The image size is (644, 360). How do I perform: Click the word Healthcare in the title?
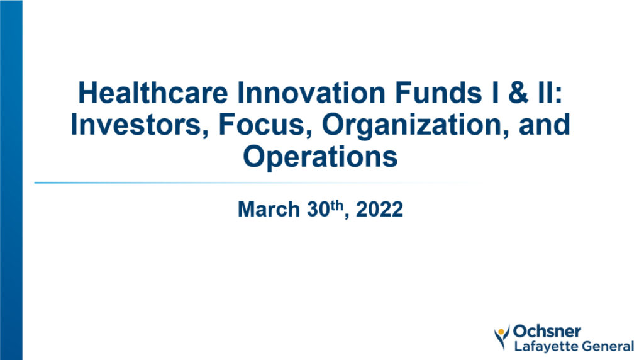tap(153, 93)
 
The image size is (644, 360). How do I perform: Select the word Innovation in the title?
tap(311, 93)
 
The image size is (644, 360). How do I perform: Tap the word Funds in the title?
tap(438, 93)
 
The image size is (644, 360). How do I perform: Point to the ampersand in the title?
tap(518, 93)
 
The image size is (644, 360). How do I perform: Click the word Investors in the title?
tap(140, 125)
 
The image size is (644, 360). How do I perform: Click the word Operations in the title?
tap(320, 157)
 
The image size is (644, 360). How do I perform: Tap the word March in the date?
tap(269, 209)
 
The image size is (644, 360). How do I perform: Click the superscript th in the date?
tap(337, 205)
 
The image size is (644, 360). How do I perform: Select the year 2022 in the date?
tap(379, 209)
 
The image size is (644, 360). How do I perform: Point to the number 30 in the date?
tap(319, 209)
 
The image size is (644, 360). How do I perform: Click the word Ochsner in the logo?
tap(547, 331)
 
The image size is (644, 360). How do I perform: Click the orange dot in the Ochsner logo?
tap(501, 332)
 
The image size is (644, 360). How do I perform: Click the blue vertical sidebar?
tap(11, 180)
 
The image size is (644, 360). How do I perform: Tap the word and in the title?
tap(545, 125)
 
